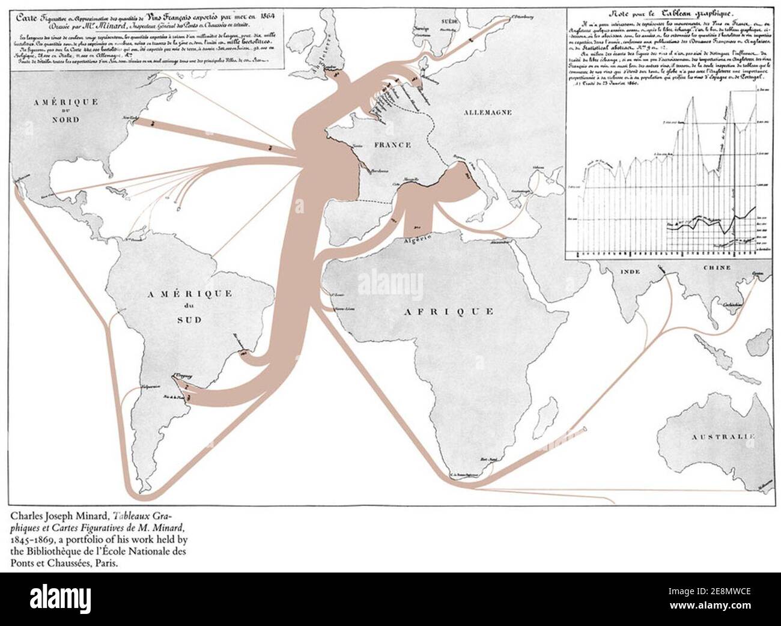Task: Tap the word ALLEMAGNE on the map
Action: [486, 112]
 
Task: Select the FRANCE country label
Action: [391, 145]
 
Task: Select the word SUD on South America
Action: [191, 320]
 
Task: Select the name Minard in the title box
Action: [156, 27]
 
